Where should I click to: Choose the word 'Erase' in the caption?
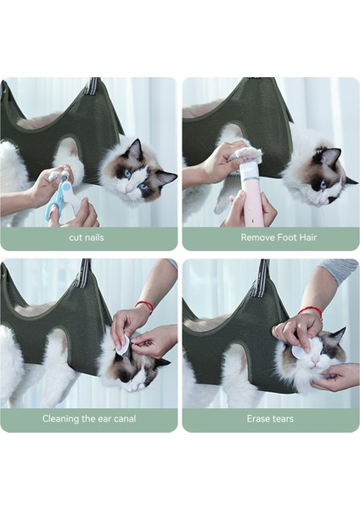(x=259, y=418)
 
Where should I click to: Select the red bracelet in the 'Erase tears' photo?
(x=311, y=311)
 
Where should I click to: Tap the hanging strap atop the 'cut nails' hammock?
(x=91, y=86)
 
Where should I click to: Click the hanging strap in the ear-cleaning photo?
(x=83, y=271)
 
